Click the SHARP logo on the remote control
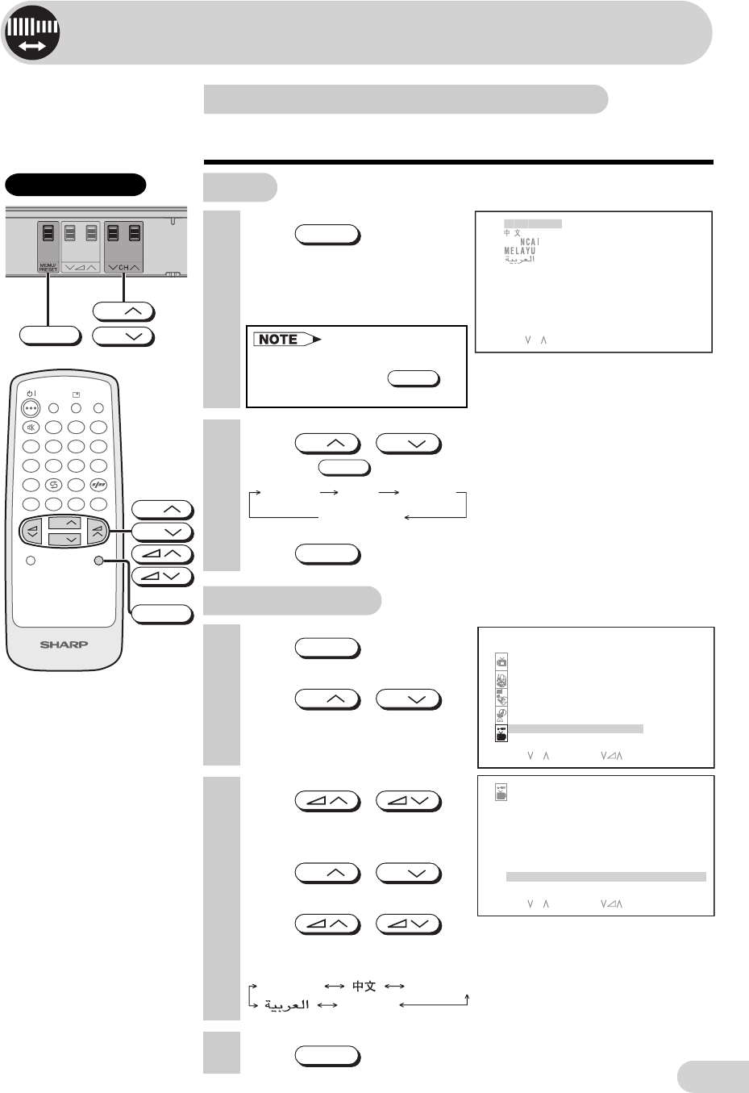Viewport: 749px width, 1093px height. (x=64, y=645)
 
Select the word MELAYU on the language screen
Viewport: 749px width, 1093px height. (x=520, y=251)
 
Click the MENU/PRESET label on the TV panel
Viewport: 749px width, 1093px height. (x=48, y=267)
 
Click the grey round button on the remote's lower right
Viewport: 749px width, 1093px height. (x=98, y=561)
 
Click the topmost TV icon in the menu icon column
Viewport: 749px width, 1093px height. (x=501, y=662)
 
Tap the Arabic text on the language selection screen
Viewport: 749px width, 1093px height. (x=520, y=260)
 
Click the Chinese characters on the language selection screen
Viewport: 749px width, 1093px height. (x=512, y=232)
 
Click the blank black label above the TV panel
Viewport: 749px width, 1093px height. (x=76, y=185)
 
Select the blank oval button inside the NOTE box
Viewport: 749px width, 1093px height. (x=414, y=378)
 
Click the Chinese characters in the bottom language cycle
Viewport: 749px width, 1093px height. (x=364, y=986)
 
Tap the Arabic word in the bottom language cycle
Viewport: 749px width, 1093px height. (x=287, y=1004)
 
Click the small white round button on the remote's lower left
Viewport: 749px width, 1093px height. (x=31, y=561)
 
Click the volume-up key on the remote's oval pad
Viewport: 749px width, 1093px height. (x=97, y=529)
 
